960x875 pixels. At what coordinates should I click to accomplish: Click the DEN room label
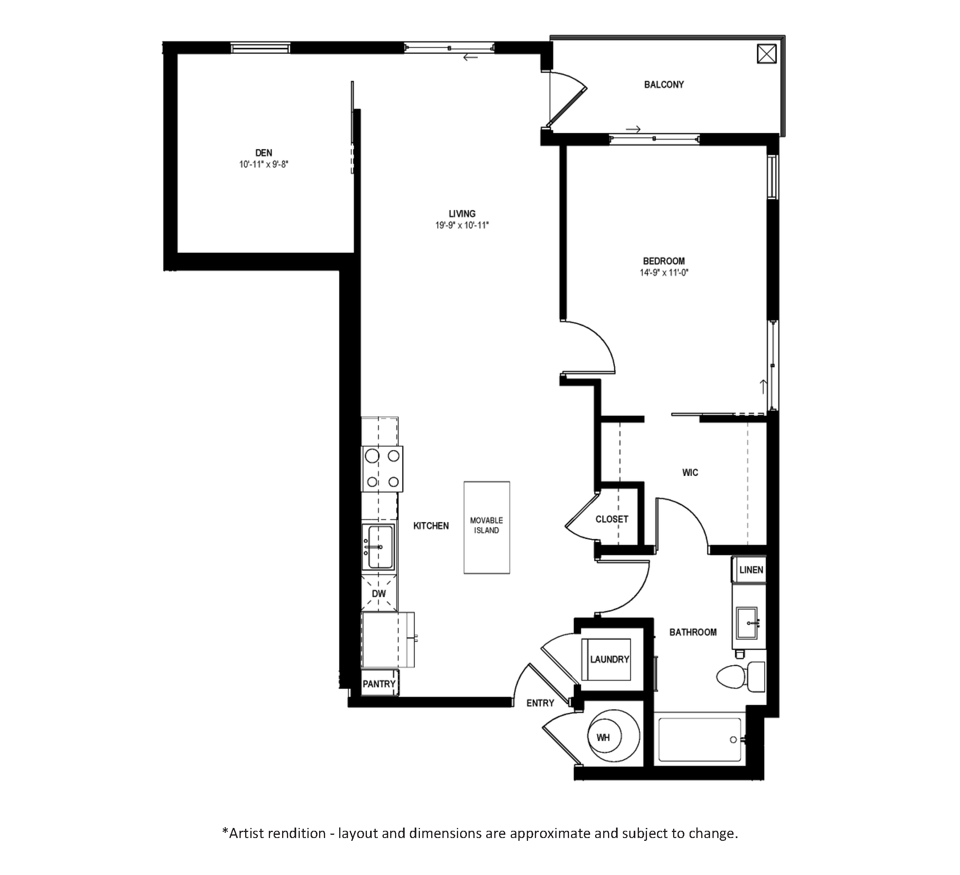click(x=264, y=153)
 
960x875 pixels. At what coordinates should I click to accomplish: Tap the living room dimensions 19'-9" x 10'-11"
click(x=462, y=225)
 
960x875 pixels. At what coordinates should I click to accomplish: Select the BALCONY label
click(x=664, y=85)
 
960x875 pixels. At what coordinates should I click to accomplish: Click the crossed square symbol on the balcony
click(x=767, y=54)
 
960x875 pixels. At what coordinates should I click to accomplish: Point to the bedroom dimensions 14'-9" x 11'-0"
click(x=664, y=273)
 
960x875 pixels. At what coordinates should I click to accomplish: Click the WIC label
click(x=690, y=473)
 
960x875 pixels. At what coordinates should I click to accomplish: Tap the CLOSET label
click(x=612, y=519)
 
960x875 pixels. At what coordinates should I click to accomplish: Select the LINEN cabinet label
click(x=751, y=570)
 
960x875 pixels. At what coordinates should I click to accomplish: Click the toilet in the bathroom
click(x=741, y=676)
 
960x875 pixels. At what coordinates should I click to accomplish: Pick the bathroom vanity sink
click(x=747, y=623)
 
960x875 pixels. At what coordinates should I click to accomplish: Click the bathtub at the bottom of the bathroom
click(x=700, y=739)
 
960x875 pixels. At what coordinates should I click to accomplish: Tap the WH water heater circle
click(x=613, y=738)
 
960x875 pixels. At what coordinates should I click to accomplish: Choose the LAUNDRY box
click(x=606, y=660)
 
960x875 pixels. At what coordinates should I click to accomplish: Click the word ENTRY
click(x=540, y=703)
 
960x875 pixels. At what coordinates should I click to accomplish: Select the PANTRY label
click(x=379, y=684)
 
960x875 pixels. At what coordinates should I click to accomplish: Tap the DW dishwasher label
click(x=379, y=594)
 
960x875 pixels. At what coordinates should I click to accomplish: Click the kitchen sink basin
click(x=379, y=547)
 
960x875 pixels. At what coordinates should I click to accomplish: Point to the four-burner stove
click(x=382, y=469)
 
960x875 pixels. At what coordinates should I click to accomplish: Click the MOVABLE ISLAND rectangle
click(x=487, y=527)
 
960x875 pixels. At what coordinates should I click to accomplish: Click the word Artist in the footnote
click(x=252, y=833)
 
